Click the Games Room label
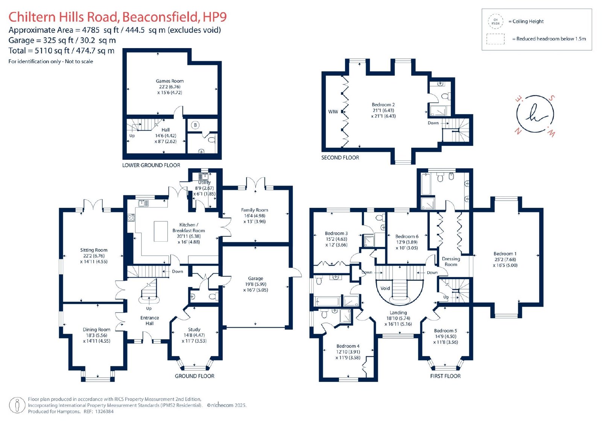tap(170, 81)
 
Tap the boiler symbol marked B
tap(195, 125)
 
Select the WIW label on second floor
tap(333, 112)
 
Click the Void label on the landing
tap(385, 288)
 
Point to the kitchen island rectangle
tap(161, 231)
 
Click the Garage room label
tap(255, 278)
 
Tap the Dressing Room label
tap(451, 262)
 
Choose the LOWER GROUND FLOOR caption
tap(151, 165)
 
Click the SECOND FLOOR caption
tap(340, 157)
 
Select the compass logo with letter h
tap(535, 114)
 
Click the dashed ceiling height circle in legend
tap(496, 21)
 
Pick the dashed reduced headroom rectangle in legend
tap(495, 39)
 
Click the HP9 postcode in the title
tap(215, 17)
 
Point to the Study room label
tap(194, 330)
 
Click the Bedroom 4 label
tap(348, 346)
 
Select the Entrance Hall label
tap(150, 321)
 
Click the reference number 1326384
tap(103, 411)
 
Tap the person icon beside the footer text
tap(17, 405)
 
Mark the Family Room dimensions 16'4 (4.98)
tap(254, 216)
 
